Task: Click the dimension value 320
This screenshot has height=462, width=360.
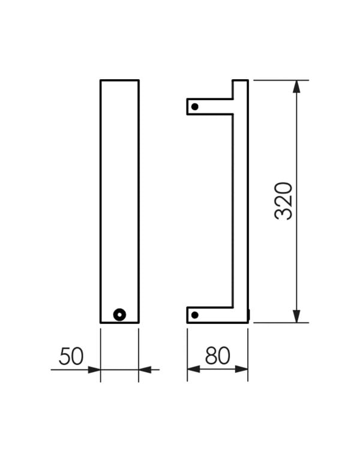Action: point(283,201)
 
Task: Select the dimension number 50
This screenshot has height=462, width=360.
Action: point(71,356)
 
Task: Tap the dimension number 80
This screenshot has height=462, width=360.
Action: point(217,356)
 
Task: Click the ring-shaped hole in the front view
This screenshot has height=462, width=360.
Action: point(120,314)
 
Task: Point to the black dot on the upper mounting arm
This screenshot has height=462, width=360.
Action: point(194,107)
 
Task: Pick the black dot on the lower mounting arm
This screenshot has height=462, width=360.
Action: point(194,314)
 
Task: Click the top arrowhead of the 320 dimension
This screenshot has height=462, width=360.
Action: point(296,87)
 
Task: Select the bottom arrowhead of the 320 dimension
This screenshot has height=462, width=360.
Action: point(296,316)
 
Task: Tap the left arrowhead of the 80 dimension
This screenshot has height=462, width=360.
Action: point(194,370)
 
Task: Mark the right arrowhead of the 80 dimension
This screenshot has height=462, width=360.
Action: point(241,370)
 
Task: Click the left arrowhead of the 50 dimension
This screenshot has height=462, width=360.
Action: point(94,370)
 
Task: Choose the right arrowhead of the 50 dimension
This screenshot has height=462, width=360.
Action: point(145,370)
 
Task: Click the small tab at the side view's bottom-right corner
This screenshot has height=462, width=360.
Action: point(248,313)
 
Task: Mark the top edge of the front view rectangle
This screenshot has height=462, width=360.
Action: point(119,80)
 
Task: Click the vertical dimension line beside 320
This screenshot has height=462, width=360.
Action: point(296,150)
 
